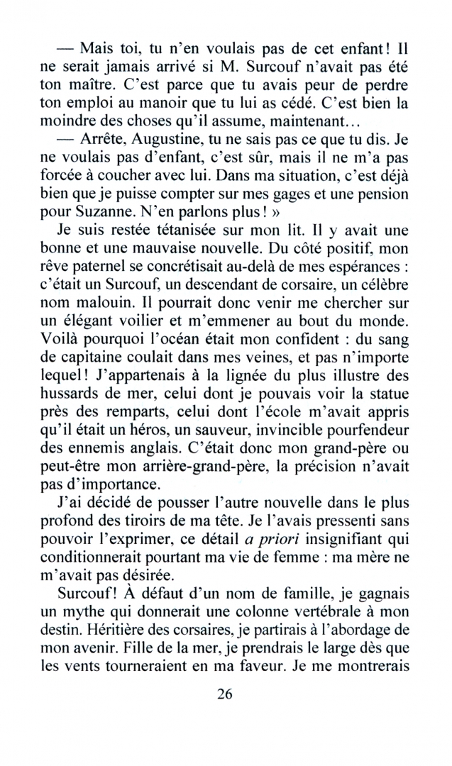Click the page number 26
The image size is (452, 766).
tap(225, 694)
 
